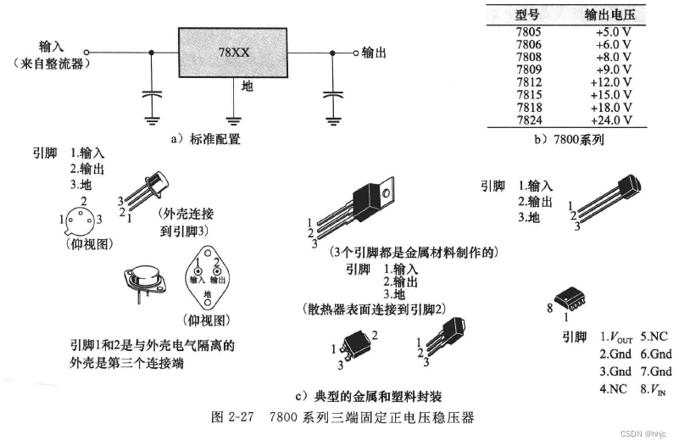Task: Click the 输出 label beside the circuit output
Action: tap(374, 53)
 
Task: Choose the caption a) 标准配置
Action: tap(204, 139)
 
